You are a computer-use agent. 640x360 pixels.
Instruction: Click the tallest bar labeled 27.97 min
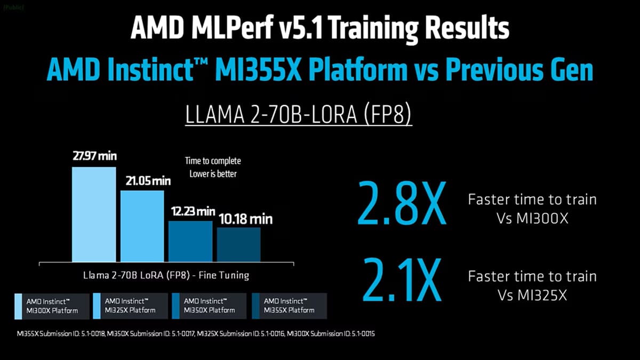pos(94,214)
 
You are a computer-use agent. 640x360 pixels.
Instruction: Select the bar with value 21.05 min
pos(142,226)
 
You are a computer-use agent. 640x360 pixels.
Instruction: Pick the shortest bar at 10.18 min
pos(238,244)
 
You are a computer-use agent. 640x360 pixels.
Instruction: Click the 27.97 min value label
pos(94,157)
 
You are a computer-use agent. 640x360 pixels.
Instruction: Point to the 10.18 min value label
pos(245,219)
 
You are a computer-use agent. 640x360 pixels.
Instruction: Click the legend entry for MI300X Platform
pos(52,306)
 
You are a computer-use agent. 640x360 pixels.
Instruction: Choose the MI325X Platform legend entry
pos(130,306)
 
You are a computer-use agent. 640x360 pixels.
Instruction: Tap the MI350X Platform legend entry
pos(209,306)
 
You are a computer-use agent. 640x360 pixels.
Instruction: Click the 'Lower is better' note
pos(213,173)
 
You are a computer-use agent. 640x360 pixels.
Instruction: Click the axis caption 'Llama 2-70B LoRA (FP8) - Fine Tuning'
pos(166,276)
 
